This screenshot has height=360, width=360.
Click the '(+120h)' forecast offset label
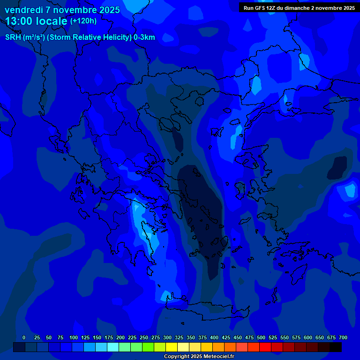83,21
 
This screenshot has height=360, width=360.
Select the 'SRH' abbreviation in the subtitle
13,37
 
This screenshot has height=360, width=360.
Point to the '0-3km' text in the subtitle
144,37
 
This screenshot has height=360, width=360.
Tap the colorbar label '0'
24,337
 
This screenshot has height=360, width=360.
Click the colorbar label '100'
73,337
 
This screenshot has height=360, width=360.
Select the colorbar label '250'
143,337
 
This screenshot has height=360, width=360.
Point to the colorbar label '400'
214,337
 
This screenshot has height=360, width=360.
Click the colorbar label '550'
285,337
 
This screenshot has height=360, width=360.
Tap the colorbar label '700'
343,337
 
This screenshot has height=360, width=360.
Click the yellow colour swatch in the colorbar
172,347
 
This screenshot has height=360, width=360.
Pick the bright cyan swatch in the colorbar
113,347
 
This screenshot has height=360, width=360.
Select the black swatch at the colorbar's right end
336,347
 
